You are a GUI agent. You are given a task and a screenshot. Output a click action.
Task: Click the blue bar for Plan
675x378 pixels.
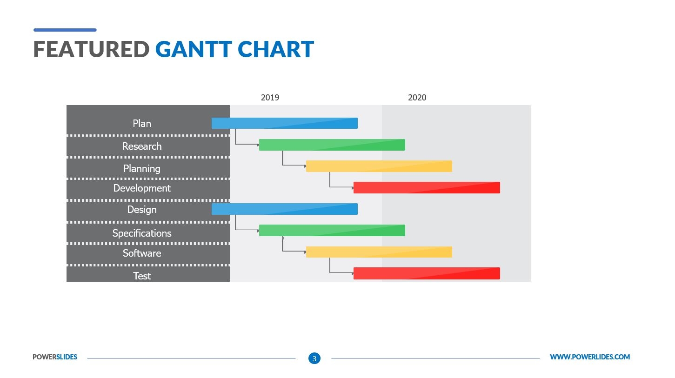click(x=284, y=123)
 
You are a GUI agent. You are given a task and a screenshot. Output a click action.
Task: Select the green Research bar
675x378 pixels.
click(x=332, y=145)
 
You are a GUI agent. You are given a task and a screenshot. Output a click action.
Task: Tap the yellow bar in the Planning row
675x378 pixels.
click(x=379, y=166)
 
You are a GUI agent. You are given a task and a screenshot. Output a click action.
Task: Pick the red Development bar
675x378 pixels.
click(x=426, y=187)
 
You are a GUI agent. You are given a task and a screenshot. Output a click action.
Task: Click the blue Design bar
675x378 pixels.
click(x=284, y=209)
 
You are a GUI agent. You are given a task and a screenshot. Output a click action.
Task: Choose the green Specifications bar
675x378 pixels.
click(x=332, y=231)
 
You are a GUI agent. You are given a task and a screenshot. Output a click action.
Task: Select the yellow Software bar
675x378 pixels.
click(x=379, y=252)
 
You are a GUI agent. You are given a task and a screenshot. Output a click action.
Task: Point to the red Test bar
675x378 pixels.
click(x=426, y=273)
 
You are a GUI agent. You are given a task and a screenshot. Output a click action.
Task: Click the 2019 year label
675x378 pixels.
click(x=270, y=98)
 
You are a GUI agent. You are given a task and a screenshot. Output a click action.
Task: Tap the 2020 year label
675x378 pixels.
click(x=417, y=98)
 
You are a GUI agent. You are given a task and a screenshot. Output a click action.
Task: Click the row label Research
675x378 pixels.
click(x=142, y=146)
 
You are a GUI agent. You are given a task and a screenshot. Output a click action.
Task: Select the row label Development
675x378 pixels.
click(x=142, y=188)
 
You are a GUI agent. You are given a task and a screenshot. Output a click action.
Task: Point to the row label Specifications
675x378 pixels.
click(x=142, y=233)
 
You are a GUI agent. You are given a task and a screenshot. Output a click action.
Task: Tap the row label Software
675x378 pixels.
click(x=142, y=253)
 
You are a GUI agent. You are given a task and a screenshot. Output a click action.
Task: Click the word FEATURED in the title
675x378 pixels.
click(x=91, y=49)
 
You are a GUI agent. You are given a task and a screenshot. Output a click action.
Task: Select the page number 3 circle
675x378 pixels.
click(x=314, y=358)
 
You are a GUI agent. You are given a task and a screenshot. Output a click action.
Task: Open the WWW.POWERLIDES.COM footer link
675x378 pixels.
click(x=589, y=357)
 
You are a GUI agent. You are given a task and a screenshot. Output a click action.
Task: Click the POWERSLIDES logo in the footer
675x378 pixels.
click(x=55, y=357)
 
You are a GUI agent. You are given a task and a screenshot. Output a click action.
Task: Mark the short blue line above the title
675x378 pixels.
click(x=65, y=30)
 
